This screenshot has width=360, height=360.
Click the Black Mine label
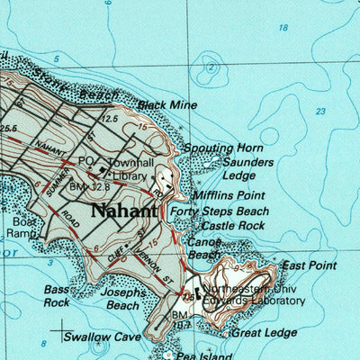pyautogui.click(x=166, y=105)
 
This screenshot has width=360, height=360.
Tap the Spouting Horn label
pyautogui.click(x=222, y=148)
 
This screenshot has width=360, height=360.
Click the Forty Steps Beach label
pyautogui.click(x=232, y=211)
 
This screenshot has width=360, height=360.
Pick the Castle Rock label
pyautogui.click(x=233, y=225)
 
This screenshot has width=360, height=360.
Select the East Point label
pyautogui.click(x=309, y=265)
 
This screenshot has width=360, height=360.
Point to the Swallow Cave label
pyautogui.click(x=102, y=337)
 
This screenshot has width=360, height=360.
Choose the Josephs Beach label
pyautogui.click(x=123, y=299)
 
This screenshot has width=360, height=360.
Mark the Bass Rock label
pyautogui.click(x=57, y=296)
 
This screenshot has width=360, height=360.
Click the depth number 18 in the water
pyautogui.click(x=283, y=28)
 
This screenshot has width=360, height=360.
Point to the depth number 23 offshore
pyautogui.click(x=321, y=112)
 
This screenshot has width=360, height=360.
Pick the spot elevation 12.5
pyautogui.click(x=111, y=118)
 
